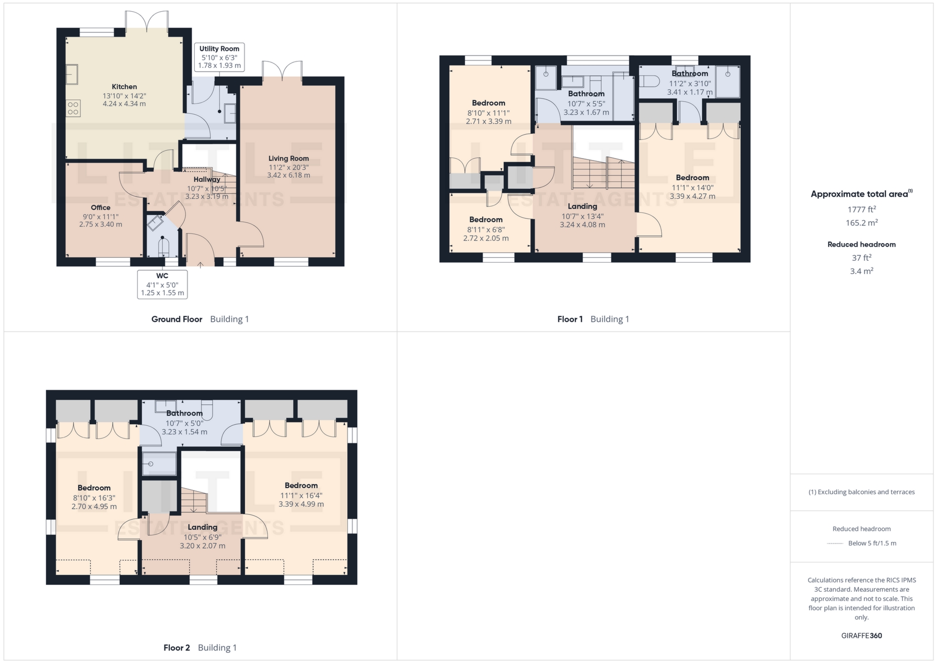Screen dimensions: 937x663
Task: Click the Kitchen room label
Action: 124,86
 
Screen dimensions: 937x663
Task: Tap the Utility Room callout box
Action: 219,57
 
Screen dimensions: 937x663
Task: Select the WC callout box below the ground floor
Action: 163,284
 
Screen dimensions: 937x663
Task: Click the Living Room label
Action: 288,158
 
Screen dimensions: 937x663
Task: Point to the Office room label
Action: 101,207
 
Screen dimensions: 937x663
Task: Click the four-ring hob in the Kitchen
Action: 73,108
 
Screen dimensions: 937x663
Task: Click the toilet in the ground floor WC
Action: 163,247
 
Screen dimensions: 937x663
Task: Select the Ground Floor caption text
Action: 177,319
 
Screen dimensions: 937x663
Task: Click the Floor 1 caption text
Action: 570,319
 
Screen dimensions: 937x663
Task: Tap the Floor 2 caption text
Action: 177,648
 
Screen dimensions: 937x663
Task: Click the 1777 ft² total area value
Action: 861,209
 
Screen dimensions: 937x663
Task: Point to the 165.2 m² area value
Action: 861,223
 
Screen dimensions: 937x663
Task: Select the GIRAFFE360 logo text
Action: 861,636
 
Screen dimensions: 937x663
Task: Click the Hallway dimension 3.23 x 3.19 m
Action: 207,197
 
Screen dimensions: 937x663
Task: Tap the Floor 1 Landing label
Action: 582,207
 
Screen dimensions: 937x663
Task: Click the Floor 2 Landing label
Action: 203,527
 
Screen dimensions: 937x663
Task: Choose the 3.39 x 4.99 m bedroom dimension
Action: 301,504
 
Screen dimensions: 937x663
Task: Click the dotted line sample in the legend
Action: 835,543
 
